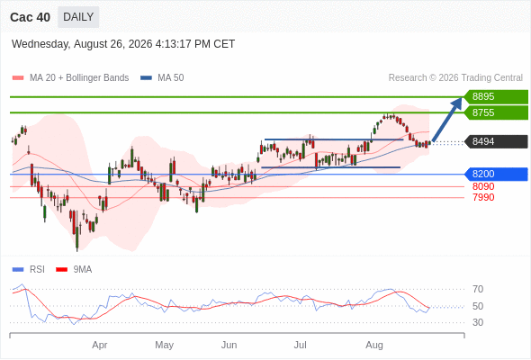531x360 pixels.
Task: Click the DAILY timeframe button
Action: click(x=78, y=17)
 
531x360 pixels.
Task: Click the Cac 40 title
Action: click(x=30, y=17)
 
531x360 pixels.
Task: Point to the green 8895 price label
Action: click(x=496, y=96)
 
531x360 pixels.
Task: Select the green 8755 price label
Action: click(x=496, y=112)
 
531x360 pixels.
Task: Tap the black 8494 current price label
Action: click(x=496, y=141)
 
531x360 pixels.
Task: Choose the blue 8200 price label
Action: click(x=496, y=174)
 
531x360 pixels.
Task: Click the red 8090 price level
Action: click(x=483, y=186)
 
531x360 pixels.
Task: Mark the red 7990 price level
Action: click(x=483, y=197)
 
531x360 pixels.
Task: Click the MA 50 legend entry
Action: click(x=162, y=78)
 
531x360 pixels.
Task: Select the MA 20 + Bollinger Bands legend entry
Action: click(x=70, y=78)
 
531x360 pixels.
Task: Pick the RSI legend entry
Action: click(x=29, y=270)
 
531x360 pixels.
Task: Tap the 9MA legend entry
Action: click(x=74, y=270)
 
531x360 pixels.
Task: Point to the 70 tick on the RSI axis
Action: click(x=478, y=289)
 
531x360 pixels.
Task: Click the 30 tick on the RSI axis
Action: click(x=478, y=322)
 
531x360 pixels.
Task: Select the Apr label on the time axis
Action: click(x=100, y=345)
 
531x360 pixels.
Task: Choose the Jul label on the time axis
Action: click(x=300, y=345)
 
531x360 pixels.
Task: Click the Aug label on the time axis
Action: click(x=374, y=345)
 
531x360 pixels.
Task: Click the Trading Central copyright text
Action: click(x=455, y=78)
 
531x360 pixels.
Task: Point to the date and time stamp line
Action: click(x=123, y=44)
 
